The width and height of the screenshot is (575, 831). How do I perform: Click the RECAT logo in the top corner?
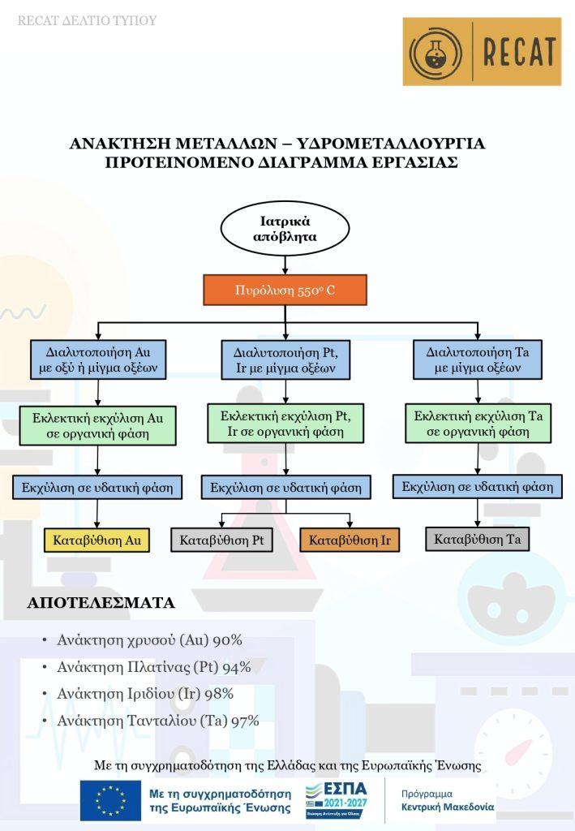(x=482, y=52)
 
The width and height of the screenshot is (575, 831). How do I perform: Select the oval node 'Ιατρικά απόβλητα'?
(x=285, y=229)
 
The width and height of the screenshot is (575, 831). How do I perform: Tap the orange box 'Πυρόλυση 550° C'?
(x=285, y=290)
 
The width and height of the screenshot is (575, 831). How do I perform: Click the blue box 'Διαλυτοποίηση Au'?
(x=97, y=360)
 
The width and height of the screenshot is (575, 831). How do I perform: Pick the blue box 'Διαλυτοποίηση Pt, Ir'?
(x=285, y=360)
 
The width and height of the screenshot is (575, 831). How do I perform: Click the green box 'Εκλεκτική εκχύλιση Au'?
(x=97, y=425)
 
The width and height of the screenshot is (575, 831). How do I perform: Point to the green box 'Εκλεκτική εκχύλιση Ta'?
(x=478, y=424)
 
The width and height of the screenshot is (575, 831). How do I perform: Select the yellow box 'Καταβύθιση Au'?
(x=97, y=540)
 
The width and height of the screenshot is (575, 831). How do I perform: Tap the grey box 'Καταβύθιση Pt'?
(x=221, y=540)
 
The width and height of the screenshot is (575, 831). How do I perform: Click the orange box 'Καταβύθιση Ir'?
(x=350, y=540)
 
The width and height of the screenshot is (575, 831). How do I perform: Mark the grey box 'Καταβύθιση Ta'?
(x=477, y=539)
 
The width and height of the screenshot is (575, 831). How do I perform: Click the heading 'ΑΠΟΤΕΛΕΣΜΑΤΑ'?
(x=101, y=603)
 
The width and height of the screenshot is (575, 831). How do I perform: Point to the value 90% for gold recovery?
(x=227, y=640)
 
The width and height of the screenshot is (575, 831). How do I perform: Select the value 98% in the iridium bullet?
(x=218, y=693)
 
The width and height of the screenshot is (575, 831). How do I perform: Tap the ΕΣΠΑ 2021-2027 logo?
(x=336, y=799)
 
